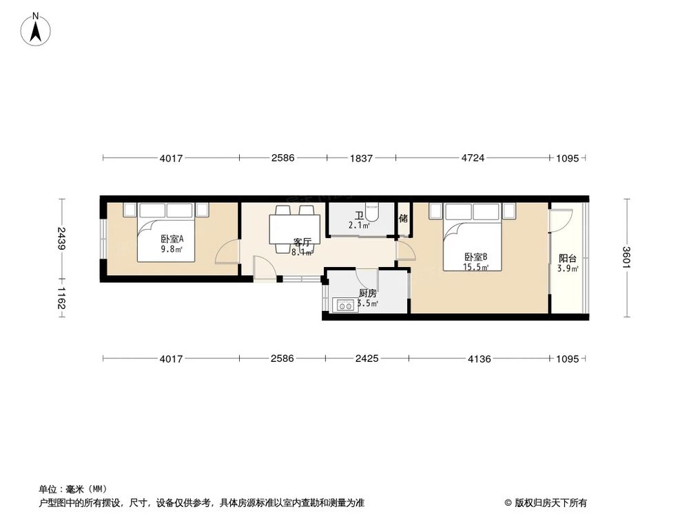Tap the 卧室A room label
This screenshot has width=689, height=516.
pos(172,239)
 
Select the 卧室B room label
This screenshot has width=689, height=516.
pos(475,257)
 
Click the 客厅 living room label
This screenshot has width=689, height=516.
pos(301,242)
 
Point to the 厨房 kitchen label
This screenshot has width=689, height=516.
pos(367,293)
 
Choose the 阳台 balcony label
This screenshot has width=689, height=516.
pos(568,259)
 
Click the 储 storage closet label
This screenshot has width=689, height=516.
pos(403,218)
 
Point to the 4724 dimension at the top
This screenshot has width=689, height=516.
pos(473,158)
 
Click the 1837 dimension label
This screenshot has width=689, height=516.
pos(361,158)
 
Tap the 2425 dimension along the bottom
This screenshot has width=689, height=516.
pos(367,358)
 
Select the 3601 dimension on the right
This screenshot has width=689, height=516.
pos(626,258)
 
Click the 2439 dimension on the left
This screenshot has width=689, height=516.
pos(62,239)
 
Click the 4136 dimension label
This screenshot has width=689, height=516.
pos(479,358)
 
